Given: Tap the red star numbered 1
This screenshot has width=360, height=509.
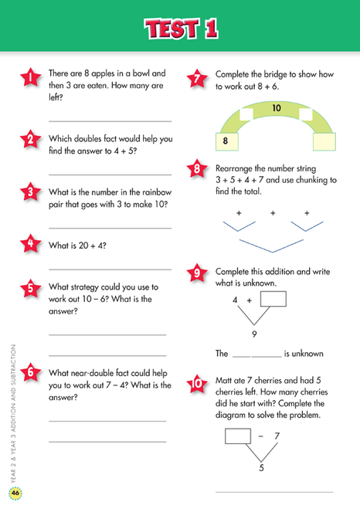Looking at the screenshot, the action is click(30, 77).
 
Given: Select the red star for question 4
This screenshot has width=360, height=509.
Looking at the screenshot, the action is click(30, 245).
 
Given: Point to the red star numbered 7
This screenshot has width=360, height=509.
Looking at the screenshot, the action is click(198, 78).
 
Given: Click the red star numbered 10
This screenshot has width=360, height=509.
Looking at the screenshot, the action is click(198, 383).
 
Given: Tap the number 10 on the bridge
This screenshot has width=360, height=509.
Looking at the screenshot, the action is click(277, 109).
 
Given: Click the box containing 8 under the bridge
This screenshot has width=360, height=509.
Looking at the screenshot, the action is click(226, 141).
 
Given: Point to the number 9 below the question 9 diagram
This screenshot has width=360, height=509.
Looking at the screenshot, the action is click(253, 334).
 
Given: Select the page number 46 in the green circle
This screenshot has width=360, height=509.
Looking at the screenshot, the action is click(15, 494).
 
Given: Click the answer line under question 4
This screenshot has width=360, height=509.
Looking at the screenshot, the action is click(110, 269).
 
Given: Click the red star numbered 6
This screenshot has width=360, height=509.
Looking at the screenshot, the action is click(30, 372).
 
